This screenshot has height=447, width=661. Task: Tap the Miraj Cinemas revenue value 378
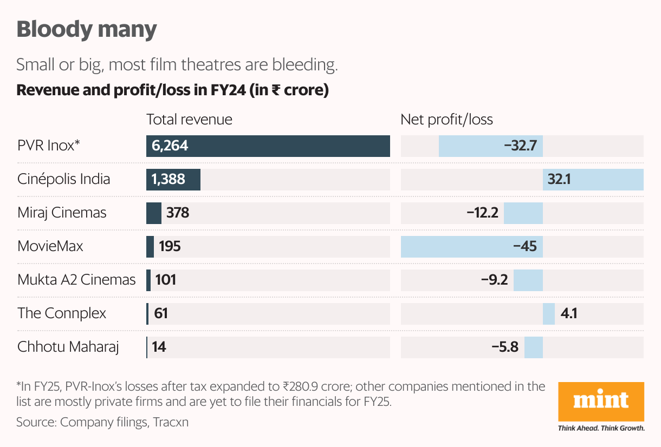(178, 213)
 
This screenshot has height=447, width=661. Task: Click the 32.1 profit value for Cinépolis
(559, 180)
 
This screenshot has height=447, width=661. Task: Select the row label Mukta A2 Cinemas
(76, 280)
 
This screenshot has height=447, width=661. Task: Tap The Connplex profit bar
(549, 314)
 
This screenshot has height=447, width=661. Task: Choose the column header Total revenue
(189, 120)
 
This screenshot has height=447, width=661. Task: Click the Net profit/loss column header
(446, 120)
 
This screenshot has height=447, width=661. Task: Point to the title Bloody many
(87, 29)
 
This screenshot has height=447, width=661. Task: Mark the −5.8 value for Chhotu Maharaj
(504, 347)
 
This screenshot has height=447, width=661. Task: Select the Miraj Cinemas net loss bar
(523, 213)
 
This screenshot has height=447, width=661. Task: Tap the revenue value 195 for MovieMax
(170, 247)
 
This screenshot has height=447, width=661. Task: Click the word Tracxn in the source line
(171, 422)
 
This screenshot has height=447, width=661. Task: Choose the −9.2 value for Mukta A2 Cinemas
(494, 280)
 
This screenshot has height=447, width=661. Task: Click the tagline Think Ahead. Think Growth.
(601, 429)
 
